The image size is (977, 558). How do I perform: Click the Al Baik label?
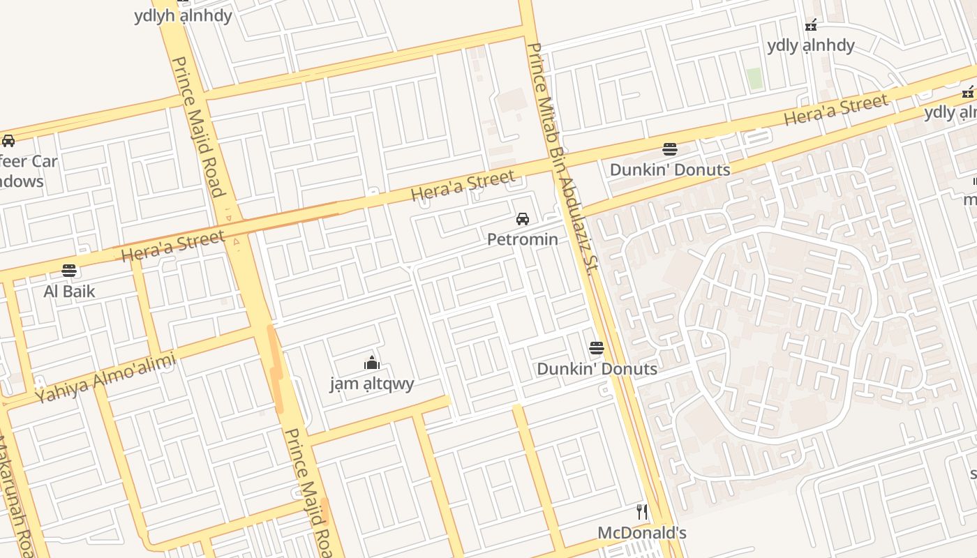pos(69,291)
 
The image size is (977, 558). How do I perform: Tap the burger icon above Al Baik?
pos(68,270)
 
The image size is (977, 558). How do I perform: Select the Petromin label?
pos(522,239)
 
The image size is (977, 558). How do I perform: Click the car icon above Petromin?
pos(522,219)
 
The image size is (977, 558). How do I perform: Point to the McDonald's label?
pos(641,533)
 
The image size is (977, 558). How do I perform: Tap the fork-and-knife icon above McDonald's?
pos(642,512)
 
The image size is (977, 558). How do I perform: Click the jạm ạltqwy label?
pos(372,383)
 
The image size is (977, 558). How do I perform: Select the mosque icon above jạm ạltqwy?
pos(372,363)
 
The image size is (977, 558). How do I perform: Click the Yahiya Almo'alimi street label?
pos(105,377)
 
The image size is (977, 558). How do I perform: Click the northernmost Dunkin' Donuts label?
pos(669,169)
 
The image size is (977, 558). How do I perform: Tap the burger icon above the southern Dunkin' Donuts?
pos(596,348)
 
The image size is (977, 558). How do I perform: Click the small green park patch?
pos(754,78)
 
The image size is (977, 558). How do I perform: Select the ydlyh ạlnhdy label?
pos(183,15)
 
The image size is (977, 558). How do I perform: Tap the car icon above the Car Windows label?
pos(8,141)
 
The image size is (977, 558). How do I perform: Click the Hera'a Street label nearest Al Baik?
pos(173,246)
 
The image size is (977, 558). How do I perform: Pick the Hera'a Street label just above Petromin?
pos(463,186)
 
